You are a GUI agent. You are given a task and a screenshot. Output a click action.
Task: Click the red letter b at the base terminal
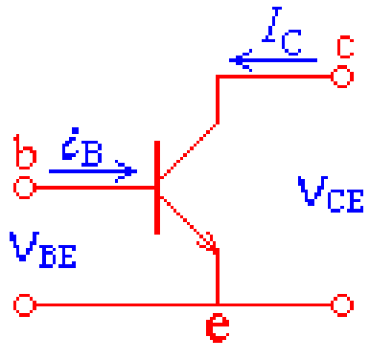27,153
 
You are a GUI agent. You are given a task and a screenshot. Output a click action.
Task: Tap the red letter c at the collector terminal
345,44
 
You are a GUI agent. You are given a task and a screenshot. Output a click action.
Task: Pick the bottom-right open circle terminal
339,305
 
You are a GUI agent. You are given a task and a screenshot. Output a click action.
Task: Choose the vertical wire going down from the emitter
219,278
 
